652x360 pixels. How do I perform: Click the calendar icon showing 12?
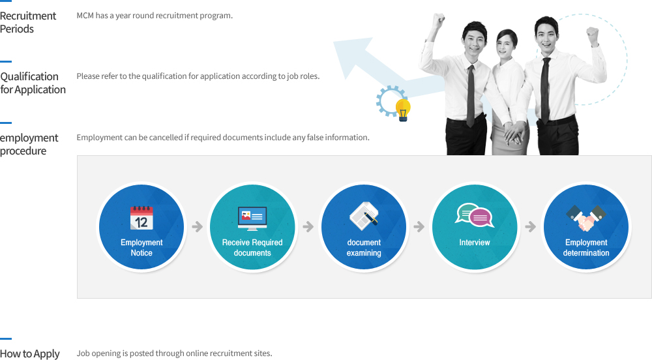[141, 218]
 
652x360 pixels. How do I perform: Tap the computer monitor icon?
[252, 218]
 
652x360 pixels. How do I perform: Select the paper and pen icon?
[364, 216]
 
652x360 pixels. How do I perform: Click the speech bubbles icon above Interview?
[475, 215]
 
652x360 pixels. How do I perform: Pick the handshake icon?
[586, 218]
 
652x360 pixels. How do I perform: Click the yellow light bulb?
[403, 110]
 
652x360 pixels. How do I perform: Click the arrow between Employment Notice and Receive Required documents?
[197, 226]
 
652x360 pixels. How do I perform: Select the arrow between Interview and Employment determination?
[530, 226]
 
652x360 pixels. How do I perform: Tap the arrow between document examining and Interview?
[419, 226]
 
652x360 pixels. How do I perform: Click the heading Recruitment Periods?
[28, 22]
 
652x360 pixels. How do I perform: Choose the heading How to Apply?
[30, 353]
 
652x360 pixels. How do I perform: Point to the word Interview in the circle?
[475, 243]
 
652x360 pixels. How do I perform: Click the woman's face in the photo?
[505, 45]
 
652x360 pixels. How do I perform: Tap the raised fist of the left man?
[438, 20]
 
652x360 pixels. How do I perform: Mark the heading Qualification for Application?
[33, 83]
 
